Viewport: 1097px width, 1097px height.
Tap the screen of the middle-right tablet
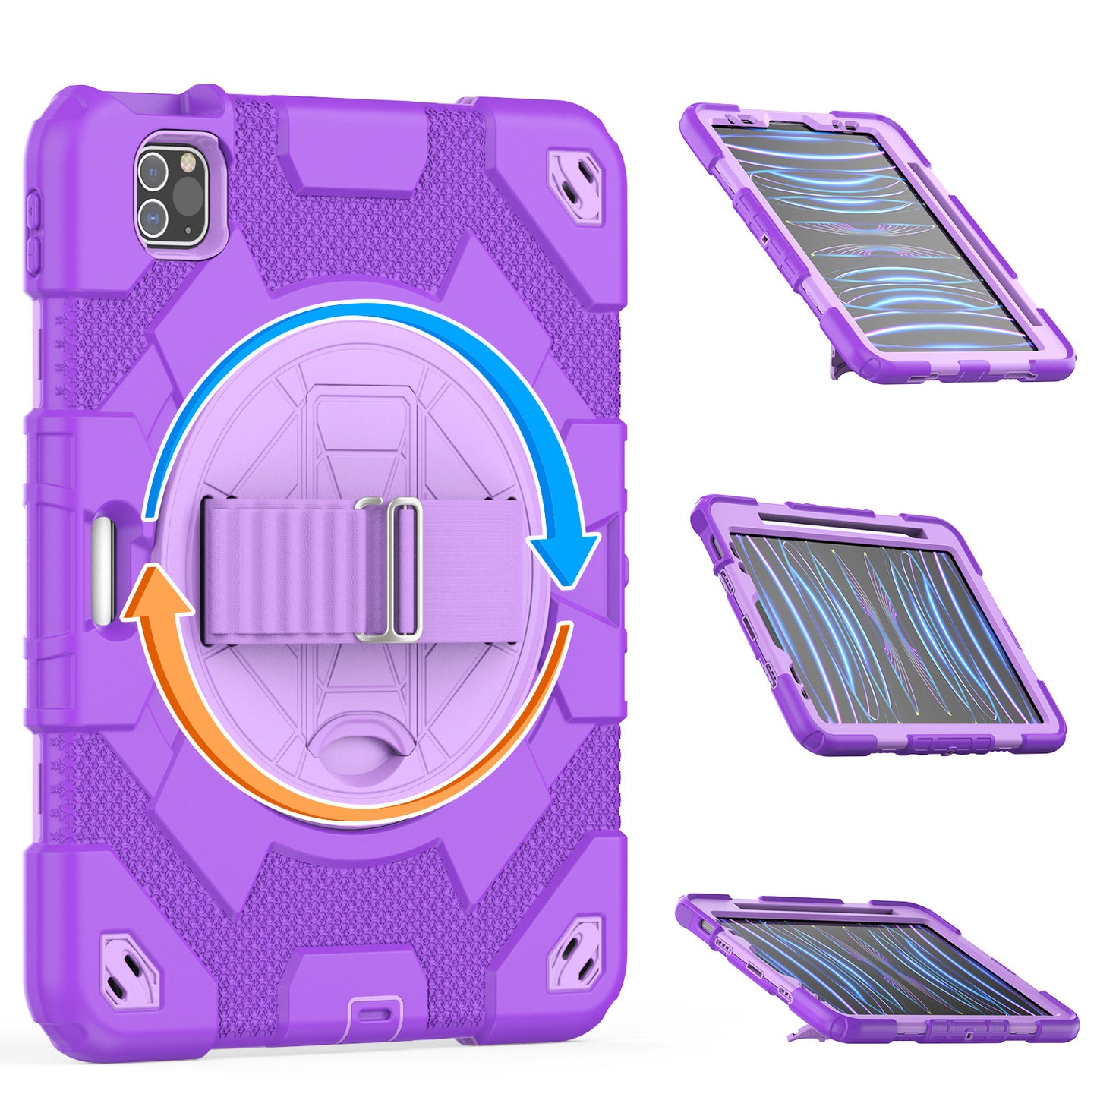[x=881, y=626]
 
